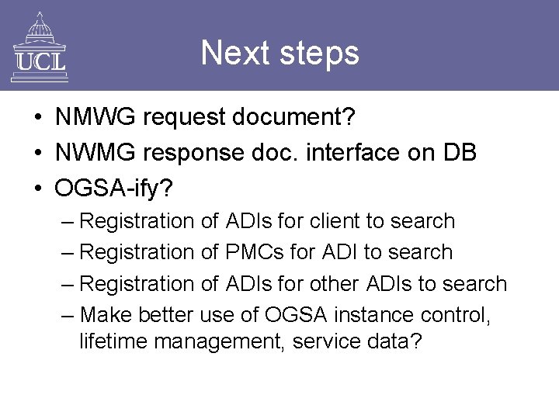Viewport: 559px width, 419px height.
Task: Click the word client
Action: pyautogui.click(x=335, y=221)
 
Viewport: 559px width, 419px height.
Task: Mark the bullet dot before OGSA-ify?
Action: pyautogui.click(x=37, y=188)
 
